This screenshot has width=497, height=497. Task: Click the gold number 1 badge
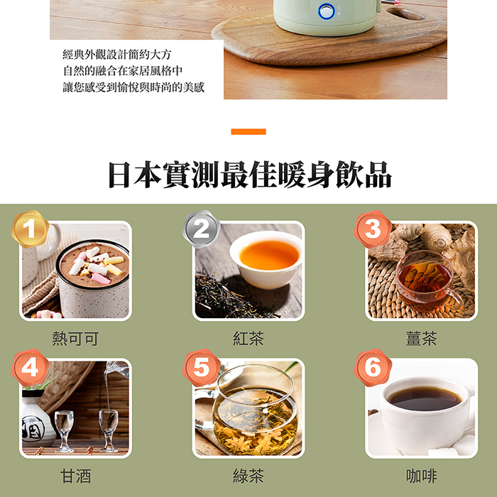point(30,229)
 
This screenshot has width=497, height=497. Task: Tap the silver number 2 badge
point(201,229)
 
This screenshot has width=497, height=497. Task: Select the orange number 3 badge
point(373,229)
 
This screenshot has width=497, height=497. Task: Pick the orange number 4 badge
point(30,368)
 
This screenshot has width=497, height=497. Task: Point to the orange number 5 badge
point(201,368)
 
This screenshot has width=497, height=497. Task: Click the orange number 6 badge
point(373,368)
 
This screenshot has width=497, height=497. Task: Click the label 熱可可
point(75,339)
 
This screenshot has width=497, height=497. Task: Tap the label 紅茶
point(248,339)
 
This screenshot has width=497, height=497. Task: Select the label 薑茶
point(422,339)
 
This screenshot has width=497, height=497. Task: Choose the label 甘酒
point(75,476)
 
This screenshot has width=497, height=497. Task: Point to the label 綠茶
point(248,476)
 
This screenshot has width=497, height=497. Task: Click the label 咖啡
point(422,476)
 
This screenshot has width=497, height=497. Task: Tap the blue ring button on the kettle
point(326,11)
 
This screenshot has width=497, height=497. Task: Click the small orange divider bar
point(248,131)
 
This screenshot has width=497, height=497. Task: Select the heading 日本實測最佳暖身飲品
point(250,175)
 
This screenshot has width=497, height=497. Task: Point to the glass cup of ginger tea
point(427,280)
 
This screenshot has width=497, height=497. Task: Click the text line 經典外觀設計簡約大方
point(117,55)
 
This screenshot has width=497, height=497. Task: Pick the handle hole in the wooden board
point(405,14)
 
